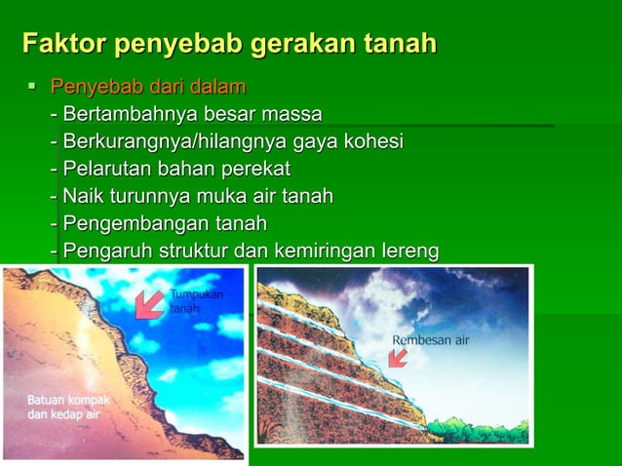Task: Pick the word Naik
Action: (x=82, y=197)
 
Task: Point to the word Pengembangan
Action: (x=128, y=224)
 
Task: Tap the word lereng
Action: (x=409, y=252)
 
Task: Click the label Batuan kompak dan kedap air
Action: (x=68, y=407)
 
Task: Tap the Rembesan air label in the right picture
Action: (x=431, y=341)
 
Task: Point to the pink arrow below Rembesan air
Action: (x=397, y=359)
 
